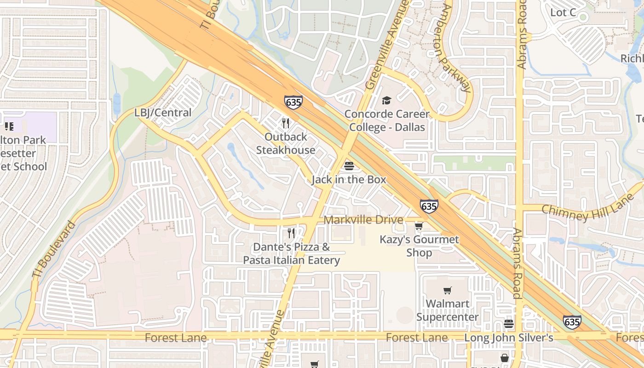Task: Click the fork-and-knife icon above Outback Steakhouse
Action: click(x=286, y=123)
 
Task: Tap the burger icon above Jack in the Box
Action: click(x=349, y=166)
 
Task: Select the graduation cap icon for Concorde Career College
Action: click(x=386, y=100)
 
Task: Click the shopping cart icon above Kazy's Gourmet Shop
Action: click(x=419, y=226)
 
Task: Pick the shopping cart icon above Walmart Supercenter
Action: click(x=447, y=290)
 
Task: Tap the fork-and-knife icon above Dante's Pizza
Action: click(x=291, y=233)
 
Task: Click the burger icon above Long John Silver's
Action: click(x=508, y=324)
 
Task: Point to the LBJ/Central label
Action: click(x=163, y=113)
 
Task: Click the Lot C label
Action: click(x=563, y=12)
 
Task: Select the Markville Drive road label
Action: click(x=363, y=220)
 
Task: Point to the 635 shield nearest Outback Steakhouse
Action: click(x=293, y=102)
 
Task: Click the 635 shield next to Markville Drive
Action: click(x=429, y=207)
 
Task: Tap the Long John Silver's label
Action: click(x=508, y=338)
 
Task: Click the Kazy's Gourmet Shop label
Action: click(x=419, y=246)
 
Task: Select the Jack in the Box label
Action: click(x=349, y=179)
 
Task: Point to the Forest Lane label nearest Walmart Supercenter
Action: click(x=416, y=338)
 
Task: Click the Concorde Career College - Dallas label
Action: click(x=387, y=121)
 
